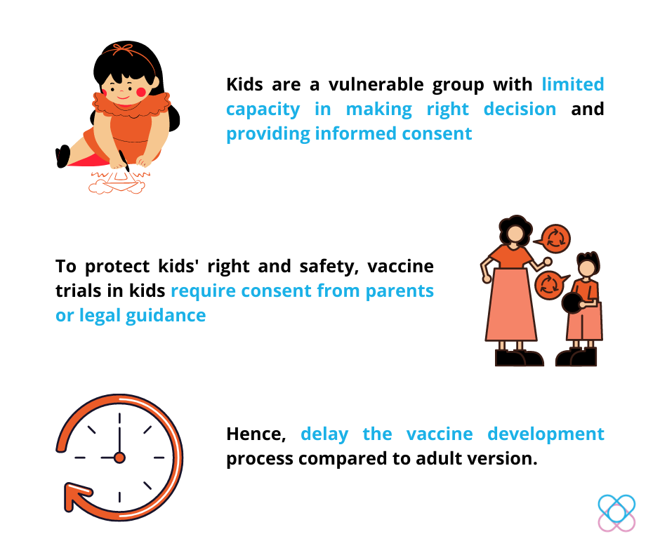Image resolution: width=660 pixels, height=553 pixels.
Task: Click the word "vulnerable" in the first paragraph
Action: pyautogui.click(x=376, y=84)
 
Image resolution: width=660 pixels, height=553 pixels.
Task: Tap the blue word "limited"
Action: pyautogui.click(x=572, y=84)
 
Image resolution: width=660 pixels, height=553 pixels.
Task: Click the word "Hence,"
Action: pyautogui.click(x=256, y=434)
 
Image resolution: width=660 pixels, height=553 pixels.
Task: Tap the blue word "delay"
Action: pyautogui.click(x=324, y=434)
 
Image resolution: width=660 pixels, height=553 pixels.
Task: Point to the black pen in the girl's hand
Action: pyautogui.click(x=124, y=160)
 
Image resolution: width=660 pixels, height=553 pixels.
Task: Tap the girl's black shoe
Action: pyautogui.click(x=62, y=156)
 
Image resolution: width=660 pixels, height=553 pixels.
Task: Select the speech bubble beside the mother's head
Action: pyautogui.click(x=553, y=239)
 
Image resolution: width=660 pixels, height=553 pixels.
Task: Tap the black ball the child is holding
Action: pyautogui.click(x=572, y=302)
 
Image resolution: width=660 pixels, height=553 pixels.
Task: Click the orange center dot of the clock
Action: pyautogui.click(x=119, y=458)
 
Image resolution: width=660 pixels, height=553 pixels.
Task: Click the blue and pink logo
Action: pyautogui.click(x=616, y=513)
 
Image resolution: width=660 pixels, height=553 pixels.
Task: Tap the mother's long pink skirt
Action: pyautogui.click(x=511, y=305)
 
